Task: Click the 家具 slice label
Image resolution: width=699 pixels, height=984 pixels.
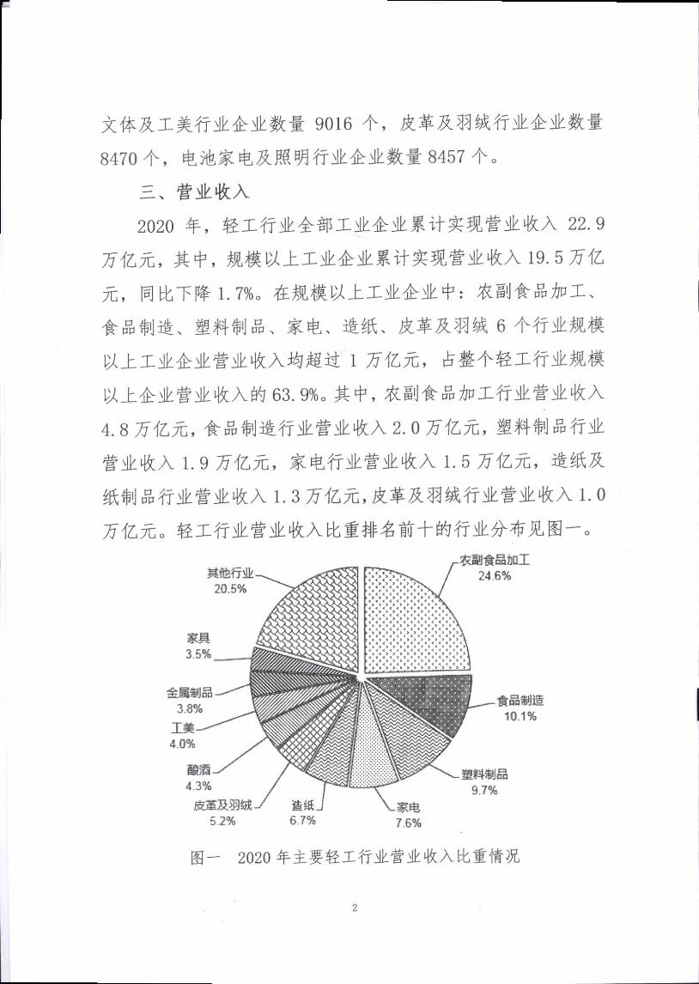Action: [198, 638]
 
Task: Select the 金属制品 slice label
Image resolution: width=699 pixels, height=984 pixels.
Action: [190, 693]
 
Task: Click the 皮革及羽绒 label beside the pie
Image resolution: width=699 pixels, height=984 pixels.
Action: [222, 805]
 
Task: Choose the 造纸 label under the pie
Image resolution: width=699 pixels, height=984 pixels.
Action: [302, 805]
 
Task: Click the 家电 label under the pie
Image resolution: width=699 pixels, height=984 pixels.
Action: [408, 808]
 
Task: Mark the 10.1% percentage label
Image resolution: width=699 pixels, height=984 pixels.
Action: [520, 716]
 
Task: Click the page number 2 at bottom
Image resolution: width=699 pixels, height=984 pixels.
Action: [353, 908]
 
